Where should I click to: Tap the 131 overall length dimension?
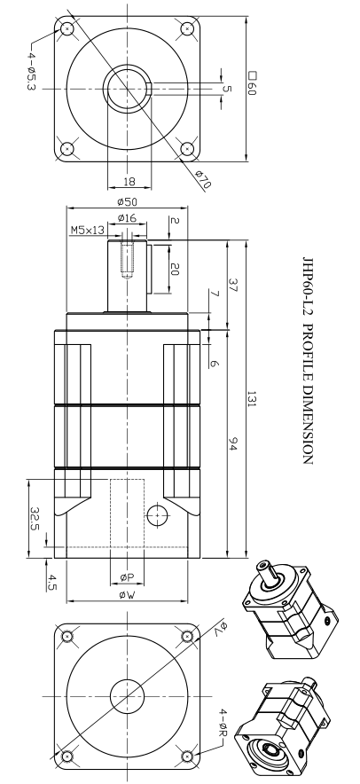pos(252,399)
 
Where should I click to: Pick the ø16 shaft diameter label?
pos(127,218)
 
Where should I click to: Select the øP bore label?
pos(127,576)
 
